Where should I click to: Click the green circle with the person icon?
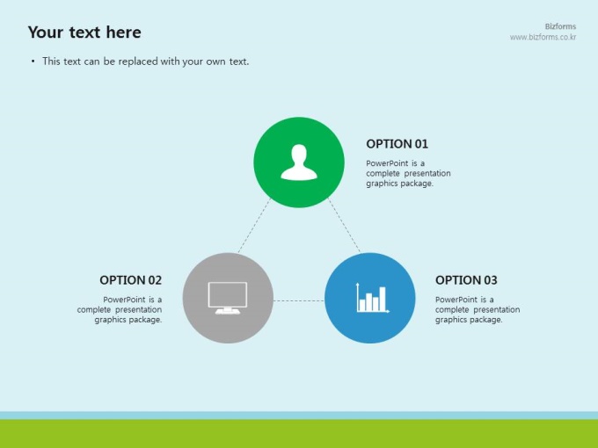click(299, 163)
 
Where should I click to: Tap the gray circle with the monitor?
click(228, 298)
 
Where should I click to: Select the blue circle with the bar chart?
click(370, 298)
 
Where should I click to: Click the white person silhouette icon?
click(299, 162)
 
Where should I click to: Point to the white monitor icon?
click(228, 298)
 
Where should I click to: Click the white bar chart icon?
click(373, 298)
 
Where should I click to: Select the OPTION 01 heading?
click(397, 144)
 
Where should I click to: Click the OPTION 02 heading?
click(130, 280)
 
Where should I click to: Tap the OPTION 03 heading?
click(466, 280)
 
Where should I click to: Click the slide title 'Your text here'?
click(84, 33)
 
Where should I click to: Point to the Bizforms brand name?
click(560, 26)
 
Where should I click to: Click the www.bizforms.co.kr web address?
click(543, 37)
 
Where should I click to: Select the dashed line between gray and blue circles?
click(299, 301)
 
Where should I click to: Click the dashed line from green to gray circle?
click(254, 226)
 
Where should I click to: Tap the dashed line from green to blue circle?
click(344, 226)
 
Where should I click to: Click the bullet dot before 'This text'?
click(33, 61)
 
